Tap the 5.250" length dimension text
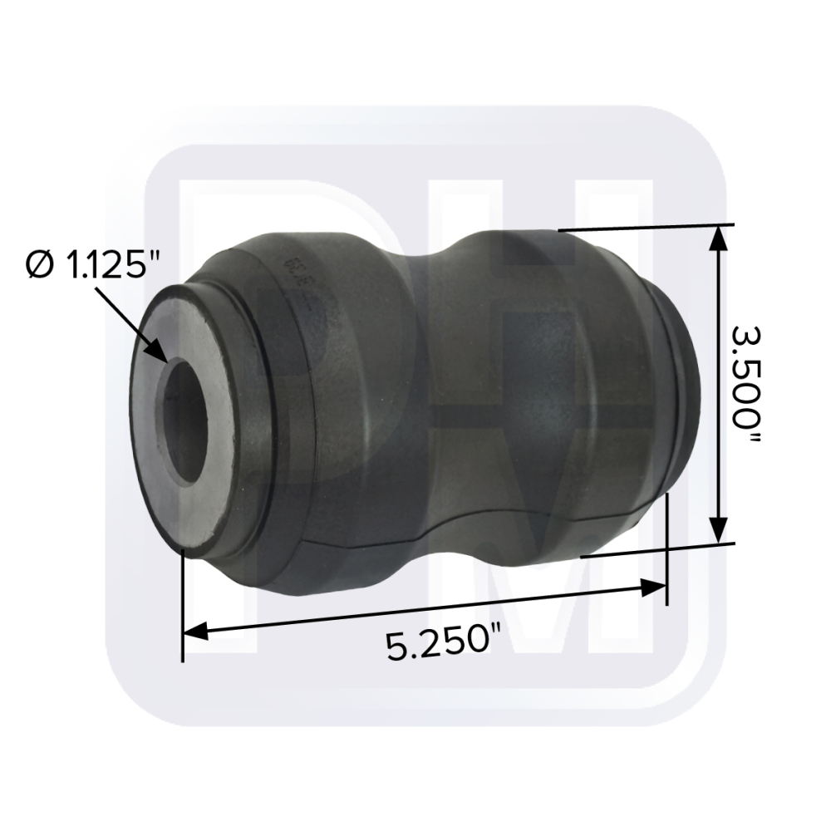pyautogui.click(x=435, y=644)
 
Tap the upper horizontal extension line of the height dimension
pyautogui.click(x=648, y=227)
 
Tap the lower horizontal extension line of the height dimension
pyautogui.click(x=656, y=549)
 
